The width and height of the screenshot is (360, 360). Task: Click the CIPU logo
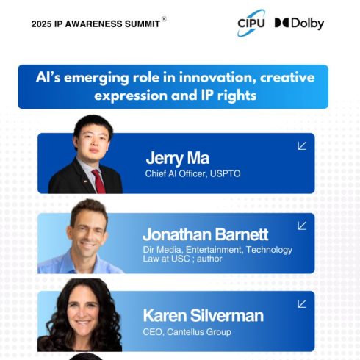coord(251,23)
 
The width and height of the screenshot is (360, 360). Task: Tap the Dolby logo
coord(299,23)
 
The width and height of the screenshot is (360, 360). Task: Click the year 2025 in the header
coord(43,24)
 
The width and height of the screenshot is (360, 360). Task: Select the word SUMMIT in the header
coord(141,24)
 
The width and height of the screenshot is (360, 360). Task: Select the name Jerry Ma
coord(177,158)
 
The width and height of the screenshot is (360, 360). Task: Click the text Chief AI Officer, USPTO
coord(192,174)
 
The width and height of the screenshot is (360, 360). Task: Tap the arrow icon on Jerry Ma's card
coord(301,145)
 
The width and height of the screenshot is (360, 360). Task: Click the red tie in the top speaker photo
coord(97,181)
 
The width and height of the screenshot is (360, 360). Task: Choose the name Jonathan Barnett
coord(205,235)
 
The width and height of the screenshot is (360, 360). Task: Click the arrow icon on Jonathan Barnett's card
coord(301,226)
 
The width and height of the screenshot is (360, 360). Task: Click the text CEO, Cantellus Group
coord(187,332)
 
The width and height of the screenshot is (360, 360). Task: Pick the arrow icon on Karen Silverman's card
coord(301,303)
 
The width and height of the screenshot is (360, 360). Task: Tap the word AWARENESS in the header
coord(93,24)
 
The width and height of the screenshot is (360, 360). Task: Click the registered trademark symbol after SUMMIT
coord(164,19)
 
